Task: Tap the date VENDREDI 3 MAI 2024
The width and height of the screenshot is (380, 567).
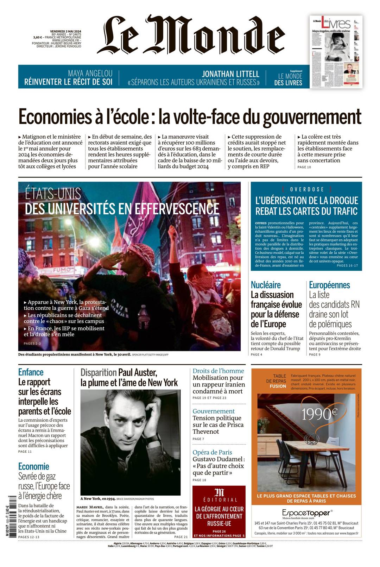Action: pos(65,31)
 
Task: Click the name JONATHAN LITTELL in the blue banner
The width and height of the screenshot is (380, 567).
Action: pos(230,74)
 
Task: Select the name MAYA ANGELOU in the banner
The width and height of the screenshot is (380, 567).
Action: pos(90,73)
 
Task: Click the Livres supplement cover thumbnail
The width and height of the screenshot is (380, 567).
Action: pos(336,52)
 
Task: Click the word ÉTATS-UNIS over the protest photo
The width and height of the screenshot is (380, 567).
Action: pos(53,194)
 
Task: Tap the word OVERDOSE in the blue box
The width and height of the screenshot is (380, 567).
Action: pos(306,189)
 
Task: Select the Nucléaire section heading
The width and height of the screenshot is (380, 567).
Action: pos(266,285)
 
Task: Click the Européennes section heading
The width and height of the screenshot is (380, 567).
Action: pos(329,285)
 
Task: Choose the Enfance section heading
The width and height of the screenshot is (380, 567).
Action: pos(31,372)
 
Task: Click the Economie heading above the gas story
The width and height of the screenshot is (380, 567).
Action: pos(34,467)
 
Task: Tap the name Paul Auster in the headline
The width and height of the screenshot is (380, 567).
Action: pos(138,372)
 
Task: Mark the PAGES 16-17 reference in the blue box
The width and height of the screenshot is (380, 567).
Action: pos(347,265)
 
